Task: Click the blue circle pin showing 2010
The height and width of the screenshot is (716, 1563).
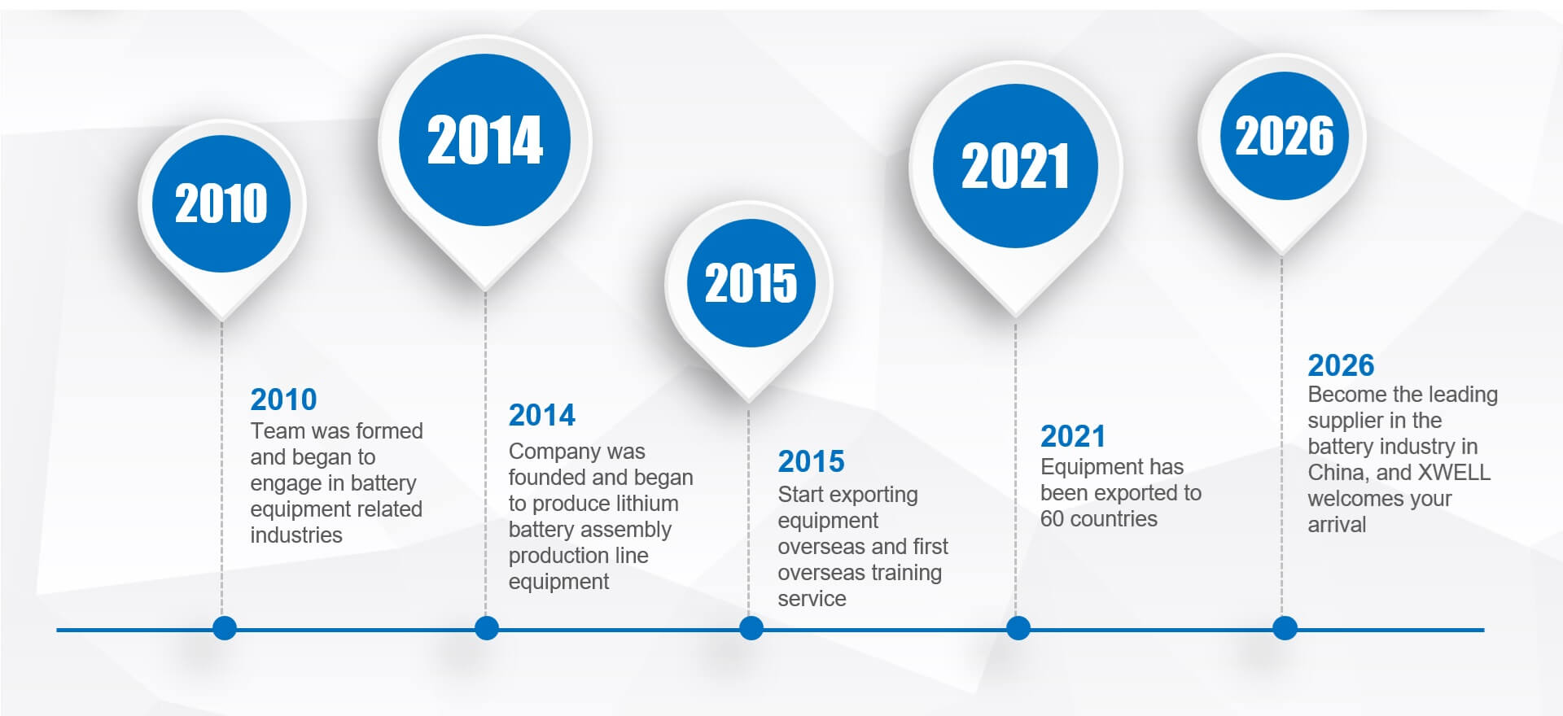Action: (221, 203)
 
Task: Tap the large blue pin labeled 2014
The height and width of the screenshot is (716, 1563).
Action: (484, 140)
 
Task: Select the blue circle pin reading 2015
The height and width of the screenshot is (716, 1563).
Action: (751, 283)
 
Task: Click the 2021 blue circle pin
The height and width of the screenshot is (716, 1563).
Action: (1015, 166)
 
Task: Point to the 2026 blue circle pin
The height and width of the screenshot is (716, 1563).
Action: (1284, 136)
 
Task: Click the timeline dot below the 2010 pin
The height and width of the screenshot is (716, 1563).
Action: (224, 628)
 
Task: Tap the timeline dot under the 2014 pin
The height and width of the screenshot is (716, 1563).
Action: (486, 628)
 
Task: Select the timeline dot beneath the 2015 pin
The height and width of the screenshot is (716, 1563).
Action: (751, 628)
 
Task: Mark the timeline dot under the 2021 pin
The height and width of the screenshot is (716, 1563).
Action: (1018, 628)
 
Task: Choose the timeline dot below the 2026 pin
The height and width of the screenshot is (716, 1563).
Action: (1285, 628)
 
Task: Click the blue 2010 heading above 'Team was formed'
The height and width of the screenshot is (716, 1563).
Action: (283, 399)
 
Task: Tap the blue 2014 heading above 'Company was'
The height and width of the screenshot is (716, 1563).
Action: (541, 415)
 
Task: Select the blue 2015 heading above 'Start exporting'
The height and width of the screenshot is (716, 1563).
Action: (811, 461)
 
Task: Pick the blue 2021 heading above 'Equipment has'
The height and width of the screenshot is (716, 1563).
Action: (1073, 436)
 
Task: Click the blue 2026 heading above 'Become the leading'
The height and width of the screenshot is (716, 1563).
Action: (1341, 365)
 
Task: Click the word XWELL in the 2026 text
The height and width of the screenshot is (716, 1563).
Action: (1455, 473)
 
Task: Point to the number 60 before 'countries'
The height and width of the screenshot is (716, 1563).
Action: (1052, 519)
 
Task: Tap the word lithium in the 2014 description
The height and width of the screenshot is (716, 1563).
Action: (640, 504)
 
